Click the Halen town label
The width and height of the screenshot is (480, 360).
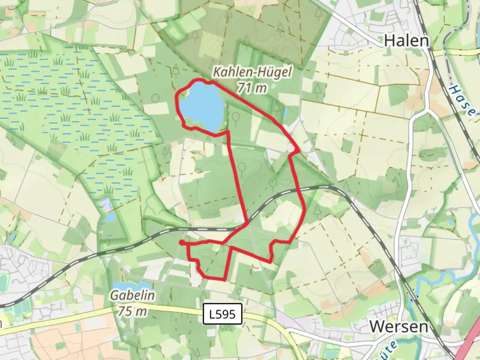point(406,41)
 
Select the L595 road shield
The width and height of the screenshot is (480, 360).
point(222,314)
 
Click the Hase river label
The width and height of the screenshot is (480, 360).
point(462,100)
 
